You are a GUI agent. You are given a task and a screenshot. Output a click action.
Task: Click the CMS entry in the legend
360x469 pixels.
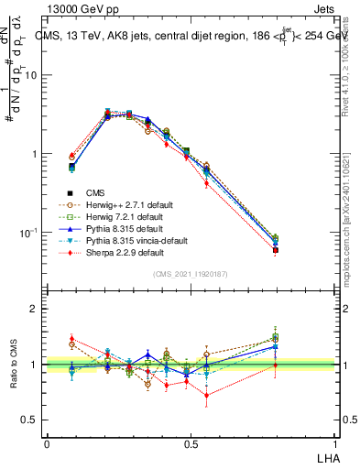pyautogui.click(x=95, y=192)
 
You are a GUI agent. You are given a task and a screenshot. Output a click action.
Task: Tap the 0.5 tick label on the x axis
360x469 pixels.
pyautogui.click(x=191, y=443)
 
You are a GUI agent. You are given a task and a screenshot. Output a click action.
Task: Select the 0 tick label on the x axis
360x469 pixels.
pyautogui.click(x=47, y=443)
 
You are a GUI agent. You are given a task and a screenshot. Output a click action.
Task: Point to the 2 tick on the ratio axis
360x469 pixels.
pyautogui.click(x=36, y=309)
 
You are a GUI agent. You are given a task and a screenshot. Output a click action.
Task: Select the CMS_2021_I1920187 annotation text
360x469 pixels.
pyautogui.click(x=191, y=275)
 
